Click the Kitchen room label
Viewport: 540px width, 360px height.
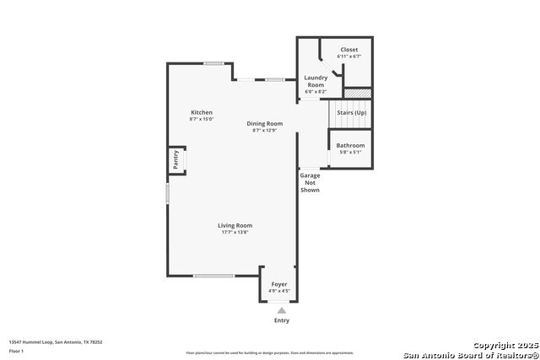click(201, 113)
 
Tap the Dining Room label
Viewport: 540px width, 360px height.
click(264, 123)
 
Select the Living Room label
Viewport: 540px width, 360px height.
click(235, 225)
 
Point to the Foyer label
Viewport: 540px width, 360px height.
click(278, 284)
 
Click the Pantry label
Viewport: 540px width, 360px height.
click(175, 160)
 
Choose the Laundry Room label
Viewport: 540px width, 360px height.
click(315, 82)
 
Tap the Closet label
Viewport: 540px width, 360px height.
click(348, 50)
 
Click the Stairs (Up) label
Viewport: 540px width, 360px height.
click(351, 112)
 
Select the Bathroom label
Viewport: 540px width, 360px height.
click(350, 145)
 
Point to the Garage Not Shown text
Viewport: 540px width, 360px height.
click(310, 183)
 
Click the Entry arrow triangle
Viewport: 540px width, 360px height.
click(282, 310)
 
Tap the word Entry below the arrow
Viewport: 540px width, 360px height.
click(282, 320)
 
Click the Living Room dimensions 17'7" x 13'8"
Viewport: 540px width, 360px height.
click(235, 232)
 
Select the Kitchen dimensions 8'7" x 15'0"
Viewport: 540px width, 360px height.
click(201, 120)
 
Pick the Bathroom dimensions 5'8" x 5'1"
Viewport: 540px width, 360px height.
click(350, 152)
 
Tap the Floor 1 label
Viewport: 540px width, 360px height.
click(17, 350)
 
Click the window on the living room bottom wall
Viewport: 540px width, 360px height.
click(213, 276)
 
